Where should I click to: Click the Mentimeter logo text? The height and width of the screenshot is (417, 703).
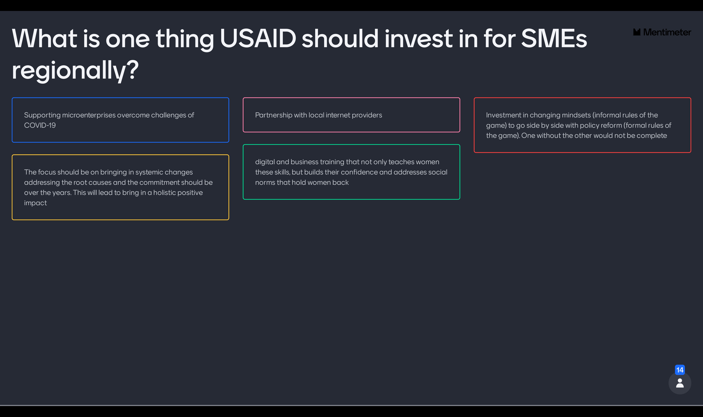click(667, 32)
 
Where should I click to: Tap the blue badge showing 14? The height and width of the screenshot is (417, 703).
click(680, 370)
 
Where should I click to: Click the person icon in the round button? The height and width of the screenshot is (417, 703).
click(680, 383)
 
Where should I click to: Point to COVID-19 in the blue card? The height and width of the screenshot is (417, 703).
click(40, 125)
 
